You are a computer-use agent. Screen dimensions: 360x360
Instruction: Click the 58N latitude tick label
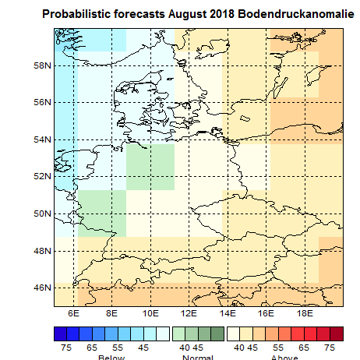(x=41, y=65)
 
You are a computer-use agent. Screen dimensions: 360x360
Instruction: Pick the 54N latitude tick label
(x=41, y=139)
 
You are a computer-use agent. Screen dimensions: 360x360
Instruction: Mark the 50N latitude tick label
(x=41, y=214)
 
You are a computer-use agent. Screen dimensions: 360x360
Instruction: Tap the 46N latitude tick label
(x=41, y=288)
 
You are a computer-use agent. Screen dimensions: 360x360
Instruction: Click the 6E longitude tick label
(x=74, y=312)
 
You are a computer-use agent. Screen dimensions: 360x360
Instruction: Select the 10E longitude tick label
(x=150, y=312)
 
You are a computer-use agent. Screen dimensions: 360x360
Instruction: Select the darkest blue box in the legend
(x=61, y=334)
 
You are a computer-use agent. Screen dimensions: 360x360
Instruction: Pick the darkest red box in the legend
(x=337, y=334)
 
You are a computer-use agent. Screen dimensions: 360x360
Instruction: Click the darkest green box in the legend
(x=217, y=334)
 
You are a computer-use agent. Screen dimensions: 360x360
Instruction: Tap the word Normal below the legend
(x=197, y=358)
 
